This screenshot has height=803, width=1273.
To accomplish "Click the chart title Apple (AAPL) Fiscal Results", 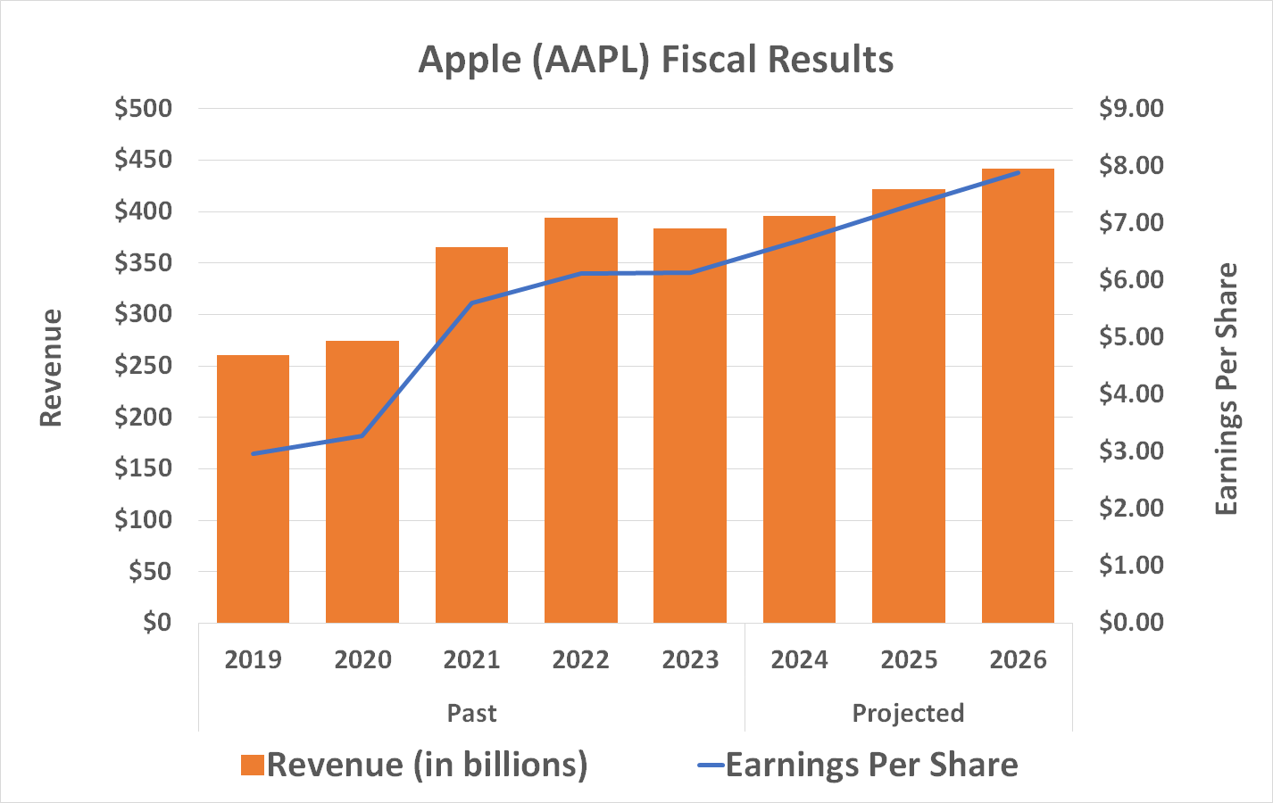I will point(656,60).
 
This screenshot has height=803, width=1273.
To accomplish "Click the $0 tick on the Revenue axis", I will point(157,622).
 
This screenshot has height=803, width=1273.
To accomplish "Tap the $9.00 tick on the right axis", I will point(1131,108).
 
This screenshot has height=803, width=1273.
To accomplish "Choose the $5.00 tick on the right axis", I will point(1131,336).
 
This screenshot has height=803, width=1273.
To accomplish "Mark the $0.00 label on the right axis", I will point(1131,622).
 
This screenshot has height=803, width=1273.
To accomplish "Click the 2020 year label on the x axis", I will point(362,660).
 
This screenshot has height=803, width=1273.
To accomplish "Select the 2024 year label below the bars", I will point(799,660).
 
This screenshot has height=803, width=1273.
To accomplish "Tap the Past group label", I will point(471,714).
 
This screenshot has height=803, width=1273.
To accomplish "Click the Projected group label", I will point(908,714).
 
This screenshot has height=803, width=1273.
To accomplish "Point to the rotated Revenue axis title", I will point(51,368).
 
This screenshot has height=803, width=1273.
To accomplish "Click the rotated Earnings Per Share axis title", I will point(1227,389).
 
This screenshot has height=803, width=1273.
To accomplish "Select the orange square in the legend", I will point(252,766).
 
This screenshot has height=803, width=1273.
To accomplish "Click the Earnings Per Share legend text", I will point(871,766).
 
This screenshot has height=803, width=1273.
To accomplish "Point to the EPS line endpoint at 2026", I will point(1018,172).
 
